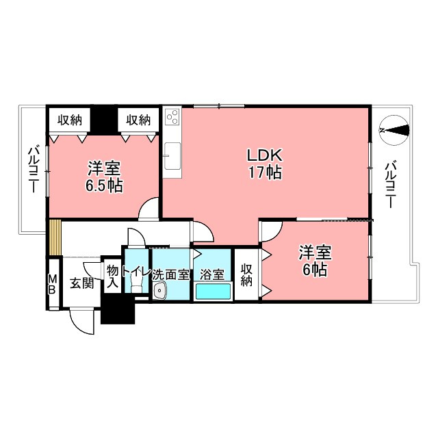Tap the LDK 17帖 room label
pyautogui.click(x=264, y=164)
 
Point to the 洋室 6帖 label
pyautogui.click(x=314, y=261)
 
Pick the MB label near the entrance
pyautogui.click(x=53, y=283)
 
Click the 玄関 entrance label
pyautogui.click(x=81, y=283)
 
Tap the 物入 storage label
pyautogui.click(x=112, y=276)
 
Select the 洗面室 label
pyautogui.click(x=170, y=274)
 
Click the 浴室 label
pyautogui.click(x=212, y=274)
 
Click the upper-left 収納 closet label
pyautogui.click(x=70, y=120)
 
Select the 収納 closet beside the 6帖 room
pyautogui.click(x=246, y=274)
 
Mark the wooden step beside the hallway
pyautogui.click(x=55, y=237)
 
